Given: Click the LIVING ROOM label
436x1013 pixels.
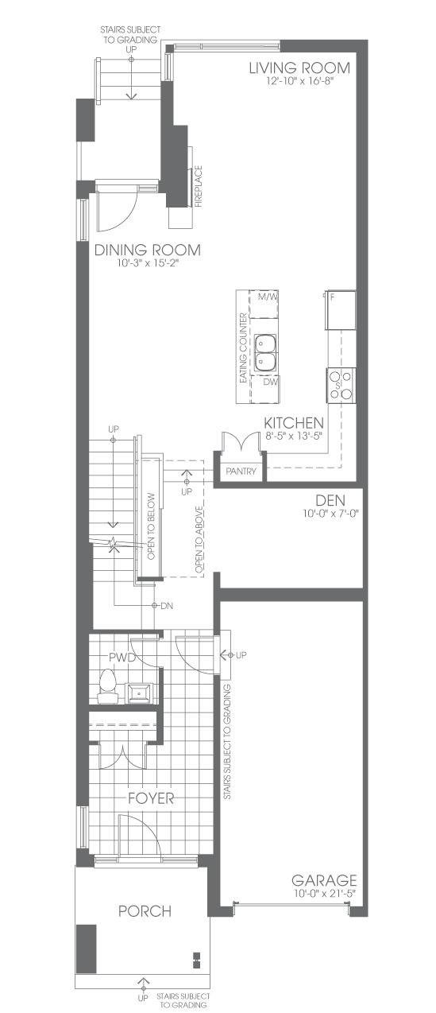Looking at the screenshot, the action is [299, 68].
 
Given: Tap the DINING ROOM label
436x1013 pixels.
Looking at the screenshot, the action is [147, 250].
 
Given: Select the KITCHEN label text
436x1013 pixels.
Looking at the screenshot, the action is [294, 423].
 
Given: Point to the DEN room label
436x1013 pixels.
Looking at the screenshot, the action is [330, 500].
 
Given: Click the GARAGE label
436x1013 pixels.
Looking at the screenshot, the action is [324, 880].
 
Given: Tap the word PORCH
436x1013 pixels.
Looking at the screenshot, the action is [145, 910].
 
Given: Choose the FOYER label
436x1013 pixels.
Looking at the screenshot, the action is [151, 798].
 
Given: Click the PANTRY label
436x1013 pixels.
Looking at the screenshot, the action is [241, 472].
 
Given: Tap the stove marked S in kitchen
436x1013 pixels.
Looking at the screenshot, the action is [341, 385].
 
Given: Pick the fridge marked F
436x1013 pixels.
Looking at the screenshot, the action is [340, 310].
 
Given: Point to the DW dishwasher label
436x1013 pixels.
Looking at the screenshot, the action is [271, 382].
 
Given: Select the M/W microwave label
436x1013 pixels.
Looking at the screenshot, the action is [268, 297].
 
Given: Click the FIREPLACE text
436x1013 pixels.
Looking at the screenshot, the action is [199, 186].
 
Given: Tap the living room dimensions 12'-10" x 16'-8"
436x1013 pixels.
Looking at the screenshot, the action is [299, 81].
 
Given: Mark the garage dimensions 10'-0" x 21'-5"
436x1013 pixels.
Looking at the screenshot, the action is [324, 893].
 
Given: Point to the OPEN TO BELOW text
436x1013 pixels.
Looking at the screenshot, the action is [152, 526].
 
